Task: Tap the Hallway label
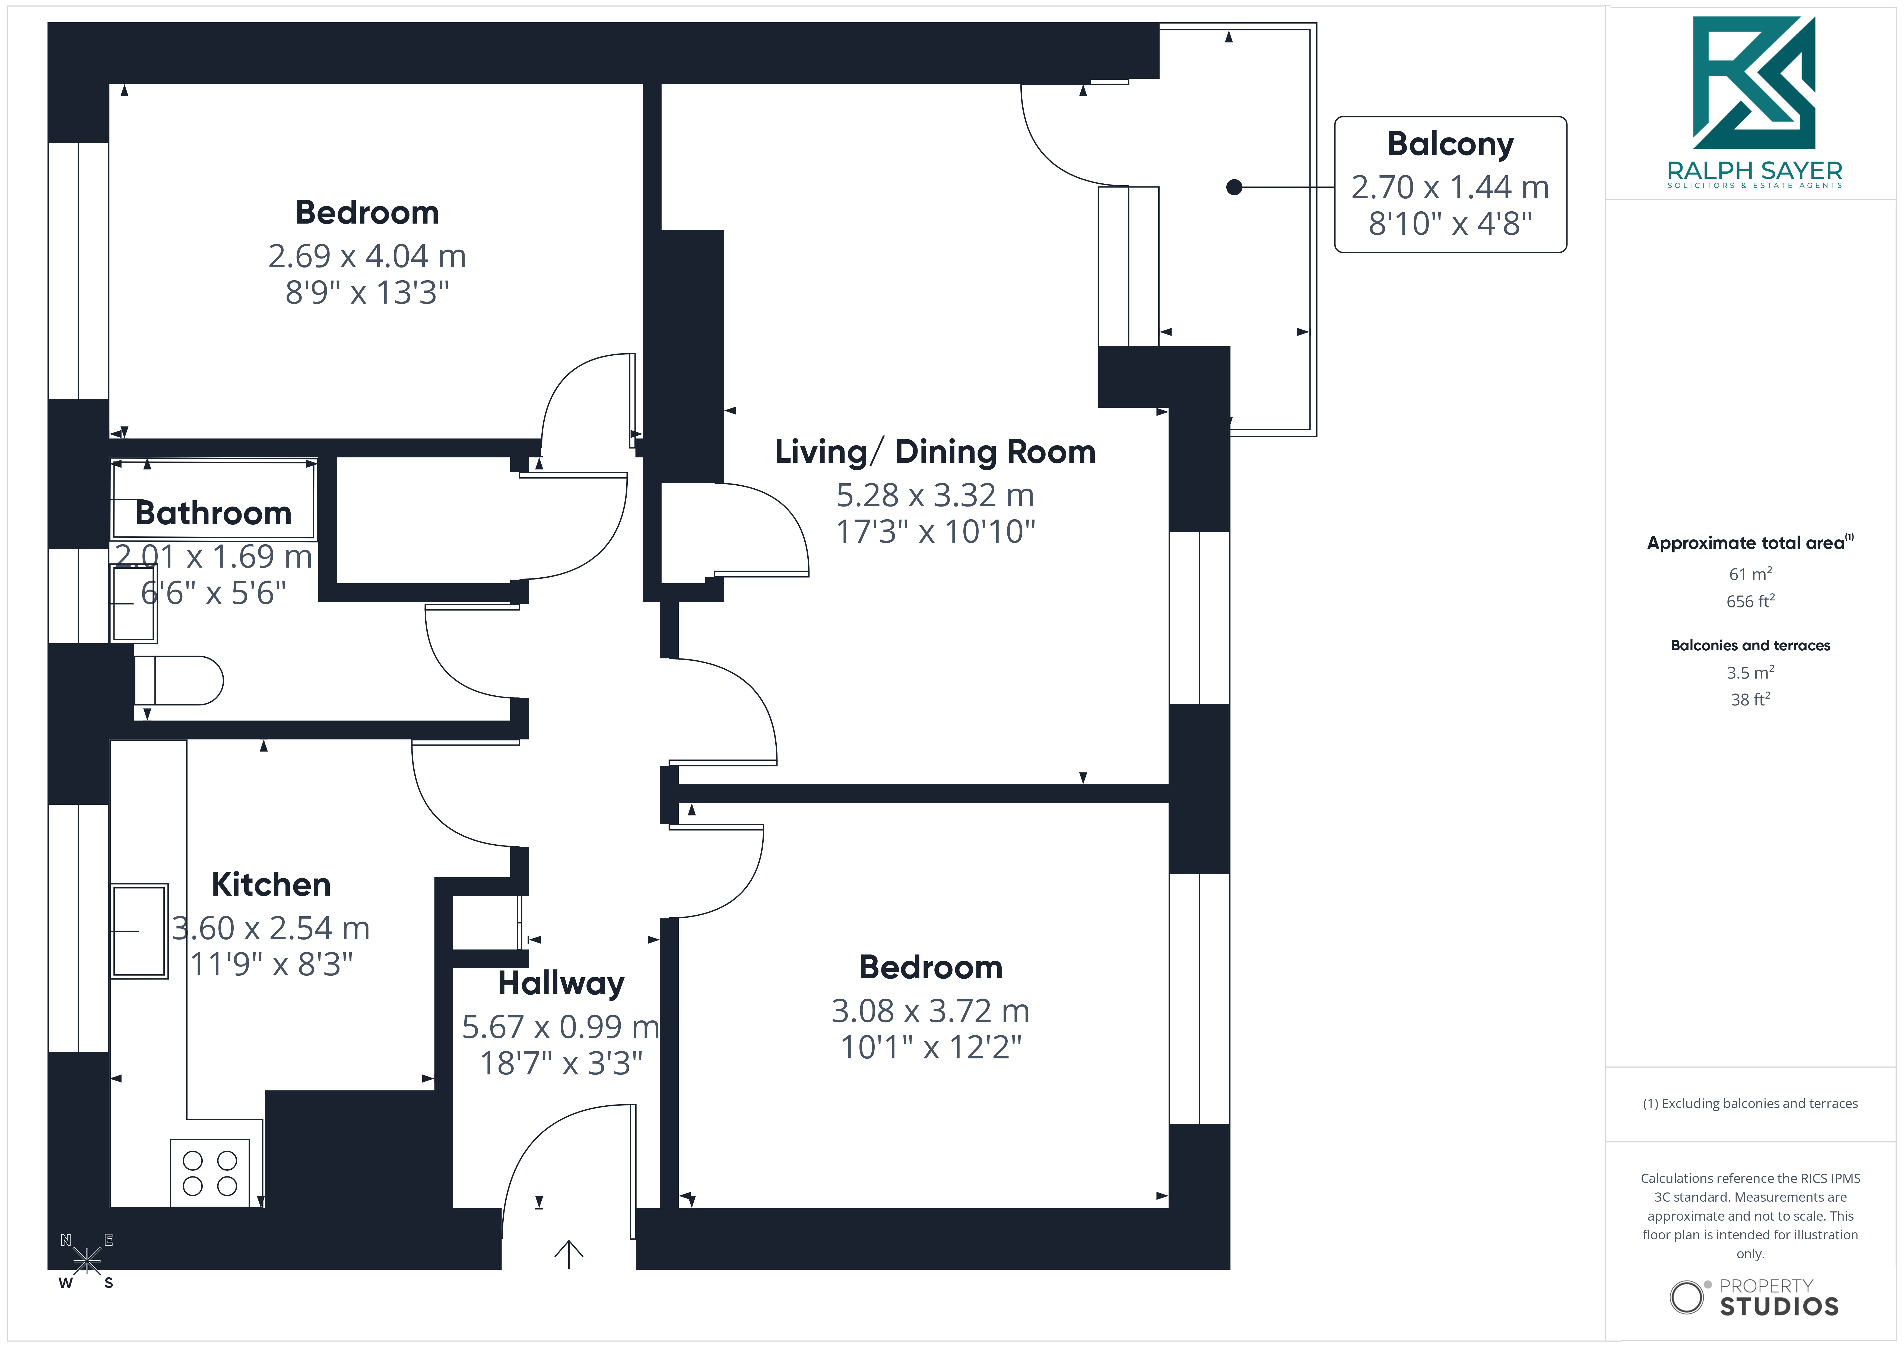pyautogui.click(x=561, y=984)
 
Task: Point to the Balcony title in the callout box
pyautogui.click(x=1451, y=144)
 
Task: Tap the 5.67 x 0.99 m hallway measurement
pyautogui.click(x=561, y=1027)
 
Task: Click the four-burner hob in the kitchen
pyautogui.click(x=210, y=1173)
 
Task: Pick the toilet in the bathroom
pyautogui.click(x=178, y=681)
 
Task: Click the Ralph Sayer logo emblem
pyautogui.click(x=1754, y=83)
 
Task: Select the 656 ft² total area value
pyautogui.click(x=1751, y=601)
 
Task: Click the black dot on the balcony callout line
pyautogui.click(x=1234, y=187)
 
